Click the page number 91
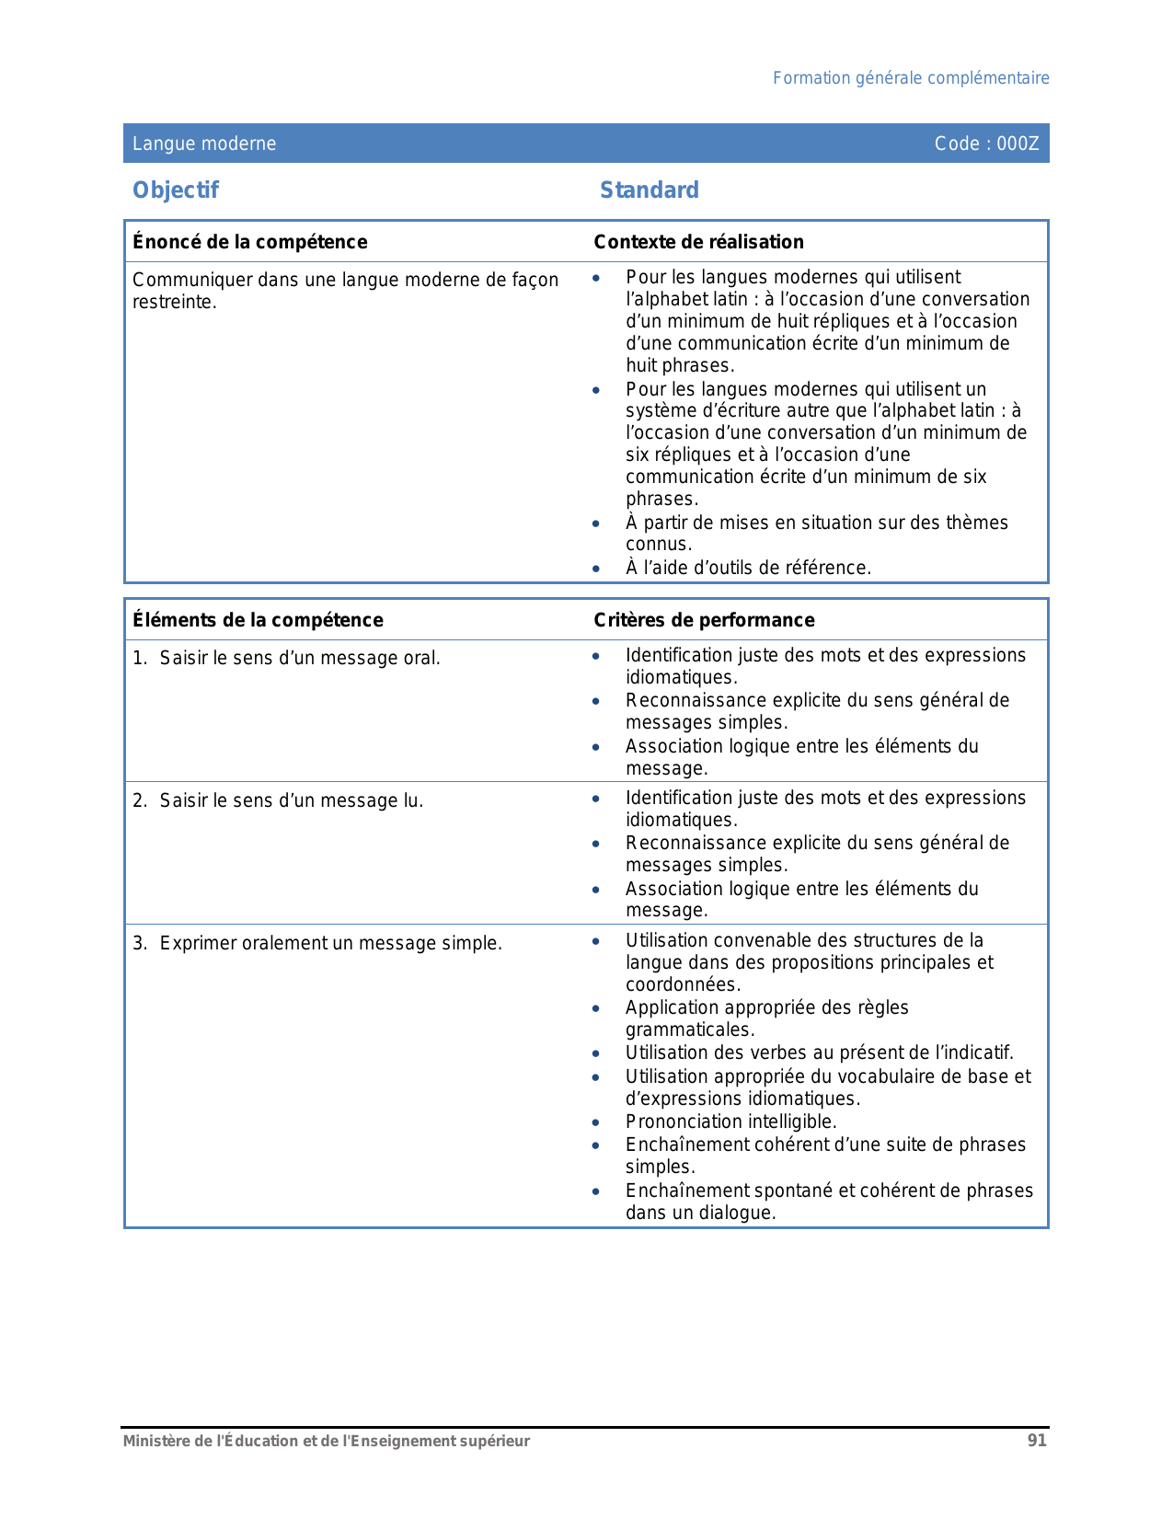(x=1037, y=1441)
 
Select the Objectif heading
(x=176, y=190)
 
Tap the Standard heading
(x=649, y=190)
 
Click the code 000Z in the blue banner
(x=986, y=144)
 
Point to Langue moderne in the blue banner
(x=204, y=144)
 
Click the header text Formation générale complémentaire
(x=910, y=78)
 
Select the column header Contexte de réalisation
(x=698, y=242)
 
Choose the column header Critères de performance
(x=704, y=620)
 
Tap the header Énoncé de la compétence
(x=249, y=242)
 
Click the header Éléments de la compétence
(x=258, y=620)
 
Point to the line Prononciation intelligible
(x=730, y=1121)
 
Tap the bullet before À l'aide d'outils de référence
(x=596, y=569)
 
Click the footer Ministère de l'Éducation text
(x=327, y=1441)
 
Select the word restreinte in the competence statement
(x=174, y=303)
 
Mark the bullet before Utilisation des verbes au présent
(x=596, y=1054)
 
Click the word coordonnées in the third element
(x=682, y=984)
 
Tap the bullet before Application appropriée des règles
(x=596, y=1009)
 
